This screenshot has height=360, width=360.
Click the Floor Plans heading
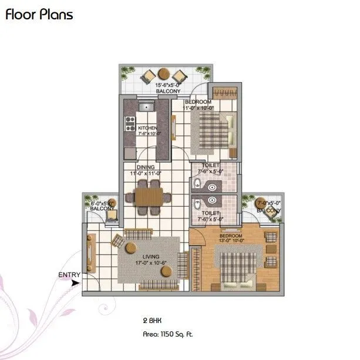(39, 15)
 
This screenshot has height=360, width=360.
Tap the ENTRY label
(69, 274)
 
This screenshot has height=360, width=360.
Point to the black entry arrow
(74, 282)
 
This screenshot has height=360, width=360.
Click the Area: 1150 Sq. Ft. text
(167, 334)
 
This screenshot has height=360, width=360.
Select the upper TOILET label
(210, 169)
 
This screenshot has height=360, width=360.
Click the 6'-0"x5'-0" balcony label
(102, 206)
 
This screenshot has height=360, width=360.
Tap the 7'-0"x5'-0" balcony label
(269, 206)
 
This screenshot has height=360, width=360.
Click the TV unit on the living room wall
(91, 253)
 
